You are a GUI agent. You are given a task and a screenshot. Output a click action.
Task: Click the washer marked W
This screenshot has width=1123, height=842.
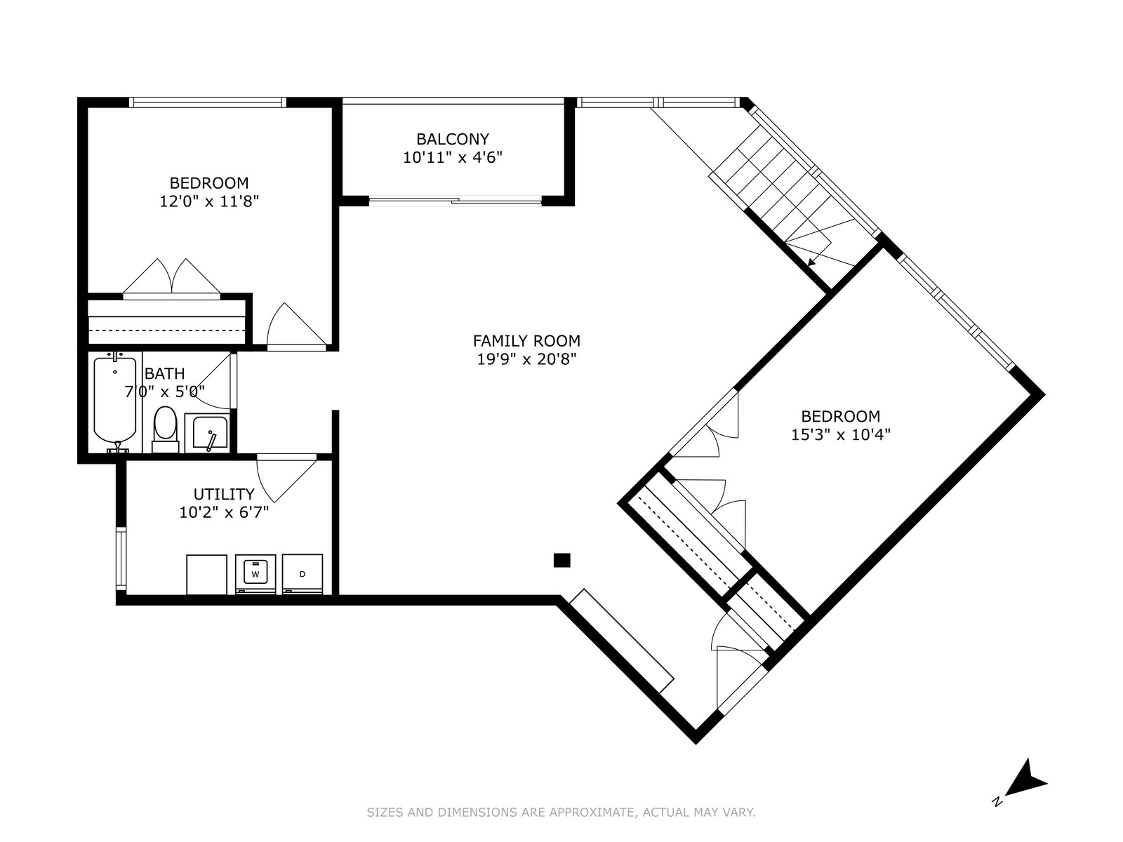pyautogui.click(x=255, y=574)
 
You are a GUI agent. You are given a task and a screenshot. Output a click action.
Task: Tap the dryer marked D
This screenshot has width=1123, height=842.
pyautogui.click(x=303, y=574)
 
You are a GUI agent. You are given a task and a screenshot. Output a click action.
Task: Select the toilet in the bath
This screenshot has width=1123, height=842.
pyautogui.click(x=165, y=429)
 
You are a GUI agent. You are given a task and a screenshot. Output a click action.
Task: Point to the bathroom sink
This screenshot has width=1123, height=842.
pyautogui.click(x=206, y=433)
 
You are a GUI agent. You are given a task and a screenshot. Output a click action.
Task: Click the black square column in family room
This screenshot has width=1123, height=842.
pyautogui.click(x=561, y=561)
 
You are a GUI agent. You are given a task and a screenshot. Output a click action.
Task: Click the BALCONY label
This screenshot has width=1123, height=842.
pyautogui.click(x=452, y=139)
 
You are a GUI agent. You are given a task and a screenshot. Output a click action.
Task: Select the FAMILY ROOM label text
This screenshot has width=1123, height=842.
pyautogui.click(x=526, y=341)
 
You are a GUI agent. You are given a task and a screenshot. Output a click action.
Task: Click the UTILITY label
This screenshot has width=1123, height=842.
pyautogui.click(x=224, y=495)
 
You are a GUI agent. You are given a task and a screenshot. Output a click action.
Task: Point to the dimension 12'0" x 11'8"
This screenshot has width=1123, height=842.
pyautogui.click(x=209, y=201)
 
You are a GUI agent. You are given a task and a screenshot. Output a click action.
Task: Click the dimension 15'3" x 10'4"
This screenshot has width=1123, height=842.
pyautogui.click(x=841, y=434)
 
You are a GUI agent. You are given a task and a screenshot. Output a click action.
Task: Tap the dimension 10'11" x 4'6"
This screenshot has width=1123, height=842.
pyautogui.click(x=452, y=157)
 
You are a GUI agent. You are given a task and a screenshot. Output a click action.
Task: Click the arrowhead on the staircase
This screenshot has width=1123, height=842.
pyautogui.click(x=812, y=262)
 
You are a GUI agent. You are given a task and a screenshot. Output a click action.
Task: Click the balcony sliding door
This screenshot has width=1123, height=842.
pyautogui.click(x=456, y=201)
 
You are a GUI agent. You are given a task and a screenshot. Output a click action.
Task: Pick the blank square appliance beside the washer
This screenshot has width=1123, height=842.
pyautogui.click(x=206, y=575)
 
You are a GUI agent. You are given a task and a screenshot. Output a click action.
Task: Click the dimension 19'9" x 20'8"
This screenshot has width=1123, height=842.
pyautogui.click(x=526, y=359)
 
